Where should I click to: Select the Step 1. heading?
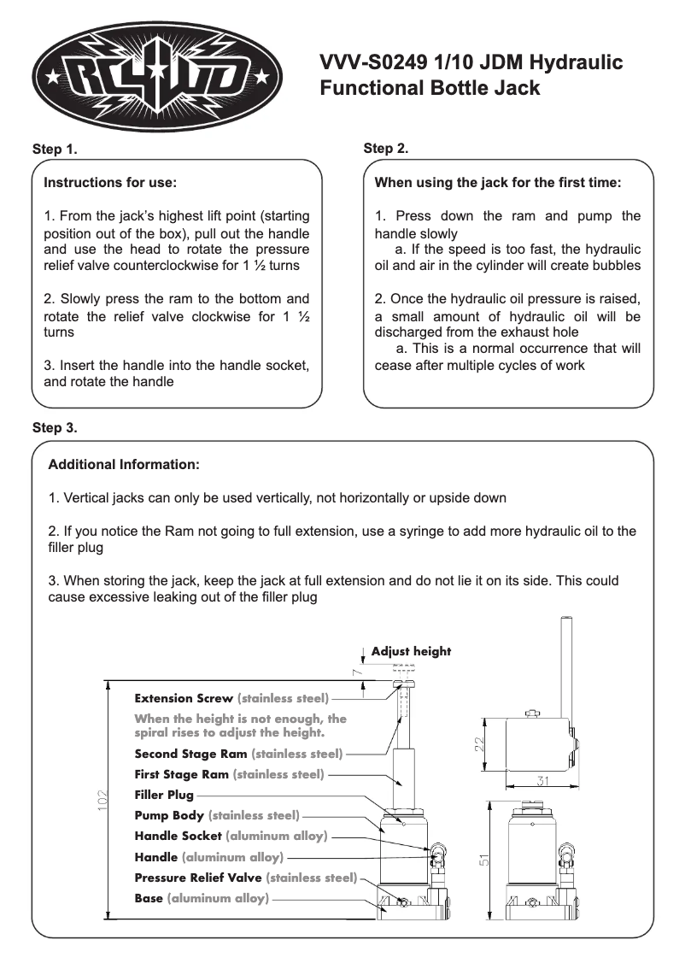coord(55,150)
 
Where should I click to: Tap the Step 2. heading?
coord(386,149)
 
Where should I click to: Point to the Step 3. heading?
coord(55,427)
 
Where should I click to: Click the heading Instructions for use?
coord(110,183)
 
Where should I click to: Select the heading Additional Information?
coord(124,466)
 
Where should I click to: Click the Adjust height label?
coord(411,651)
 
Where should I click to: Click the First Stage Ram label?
coord(182,774)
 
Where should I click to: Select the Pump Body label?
coord(169,815)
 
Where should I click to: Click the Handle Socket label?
coord(178,836)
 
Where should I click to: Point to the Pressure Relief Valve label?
coord(198,878)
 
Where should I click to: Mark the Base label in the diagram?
coord(149,898)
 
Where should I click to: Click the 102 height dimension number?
coord(102,800)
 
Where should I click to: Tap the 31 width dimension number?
coord(542,780)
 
